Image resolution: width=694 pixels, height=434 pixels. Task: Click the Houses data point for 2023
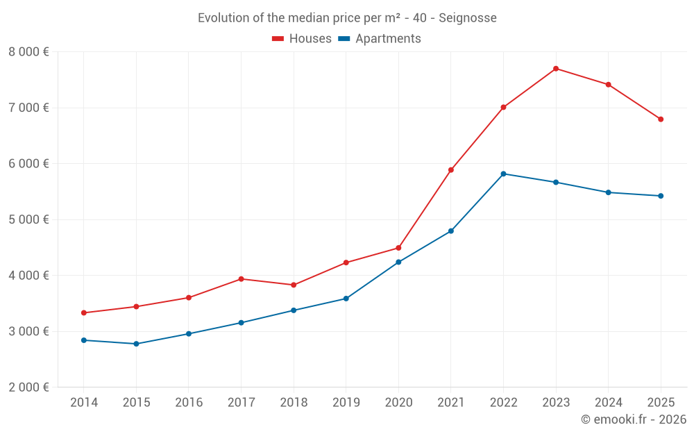[x=556, y=69]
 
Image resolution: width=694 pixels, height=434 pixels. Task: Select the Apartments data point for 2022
[x=503, y=174]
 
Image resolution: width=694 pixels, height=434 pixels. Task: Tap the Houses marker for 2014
[x=84, y=312]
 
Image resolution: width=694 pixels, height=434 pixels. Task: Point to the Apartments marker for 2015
[x=136, y=344]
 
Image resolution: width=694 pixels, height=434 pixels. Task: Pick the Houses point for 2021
[x=451, y=169]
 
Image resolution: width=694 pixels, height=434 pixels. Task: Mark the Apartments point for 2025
[x=661, y=196]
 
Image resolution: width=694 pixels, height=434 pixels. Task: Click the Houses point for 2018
[x=294, y=285]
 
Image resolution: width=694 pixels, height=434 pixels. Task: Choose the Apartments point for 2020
[x=398, y=262]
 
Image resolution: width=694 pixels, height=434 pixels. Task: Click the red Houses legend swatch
[x=278, y=39]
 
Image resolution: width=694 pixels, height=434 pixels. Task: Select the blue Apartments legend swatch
[x=344, y=39]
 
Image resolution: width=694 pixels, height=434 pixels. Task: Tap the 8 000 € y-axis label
[x=28, y=52]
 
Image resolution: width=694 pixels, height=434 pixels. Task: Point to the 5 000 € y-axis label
[x=28, y=219]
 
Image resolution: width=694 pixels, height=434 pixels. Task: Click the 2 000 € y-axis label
[x=28, y=387]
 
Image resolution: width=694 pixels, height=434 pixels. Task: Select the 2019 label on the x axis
[x=346, y=403]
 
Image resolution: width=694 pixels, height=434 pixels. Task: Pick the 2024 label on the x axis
[x=608, y=403]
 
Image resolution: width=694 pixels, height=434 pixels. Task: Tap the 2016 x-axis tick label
[x=189, y=403]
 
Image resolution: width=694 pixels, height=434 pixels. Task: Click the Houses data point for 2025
[x=661, y=119]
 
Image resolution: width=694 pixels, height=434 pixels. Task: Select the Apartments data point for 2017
[x=241, y=323]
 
